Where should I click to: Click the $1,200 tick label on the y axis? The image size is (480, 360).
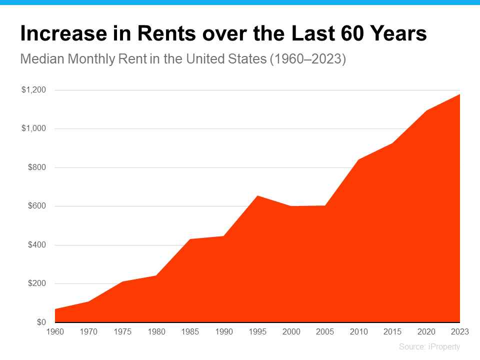[33, 89]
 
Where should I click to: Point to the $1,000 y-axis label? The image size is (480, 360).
[33, 128]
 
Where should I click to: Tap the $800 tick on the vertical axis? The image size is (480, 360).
[36, 167]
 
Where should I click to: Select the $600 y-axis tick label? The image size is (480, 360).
[36, 205]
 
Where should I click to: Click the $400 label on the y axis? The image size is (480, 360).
[36, 244]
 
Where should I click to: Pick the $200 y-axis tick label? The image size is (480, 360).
[36, 283]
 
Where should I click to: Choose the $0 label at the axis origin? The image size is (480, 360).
[41, 322]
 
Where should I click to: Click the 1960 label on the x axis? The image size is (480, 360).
[55, 331]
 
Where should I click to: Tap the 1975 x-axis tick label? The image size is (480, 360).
[122, 331]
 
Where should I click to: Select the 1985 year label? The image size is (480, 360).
[190, 331]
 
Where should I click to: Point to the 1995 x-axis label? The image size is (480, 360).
[257, 331]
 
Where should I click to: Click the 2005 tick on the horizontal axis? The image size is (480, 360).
[325, 331]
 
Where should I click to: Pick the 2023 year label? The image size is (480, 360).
[460, 331]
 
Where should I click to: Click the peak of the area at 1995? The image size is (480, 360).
[257, 195]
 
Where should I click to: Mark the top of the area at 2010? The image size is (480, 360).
[359, 159]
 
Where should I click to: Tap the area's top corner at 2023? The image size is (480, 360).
[460, 94]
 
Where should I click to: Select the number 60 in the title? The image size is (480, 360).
[352, 33]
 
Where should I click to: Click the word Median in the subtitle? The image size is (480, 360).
[42, 59]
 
